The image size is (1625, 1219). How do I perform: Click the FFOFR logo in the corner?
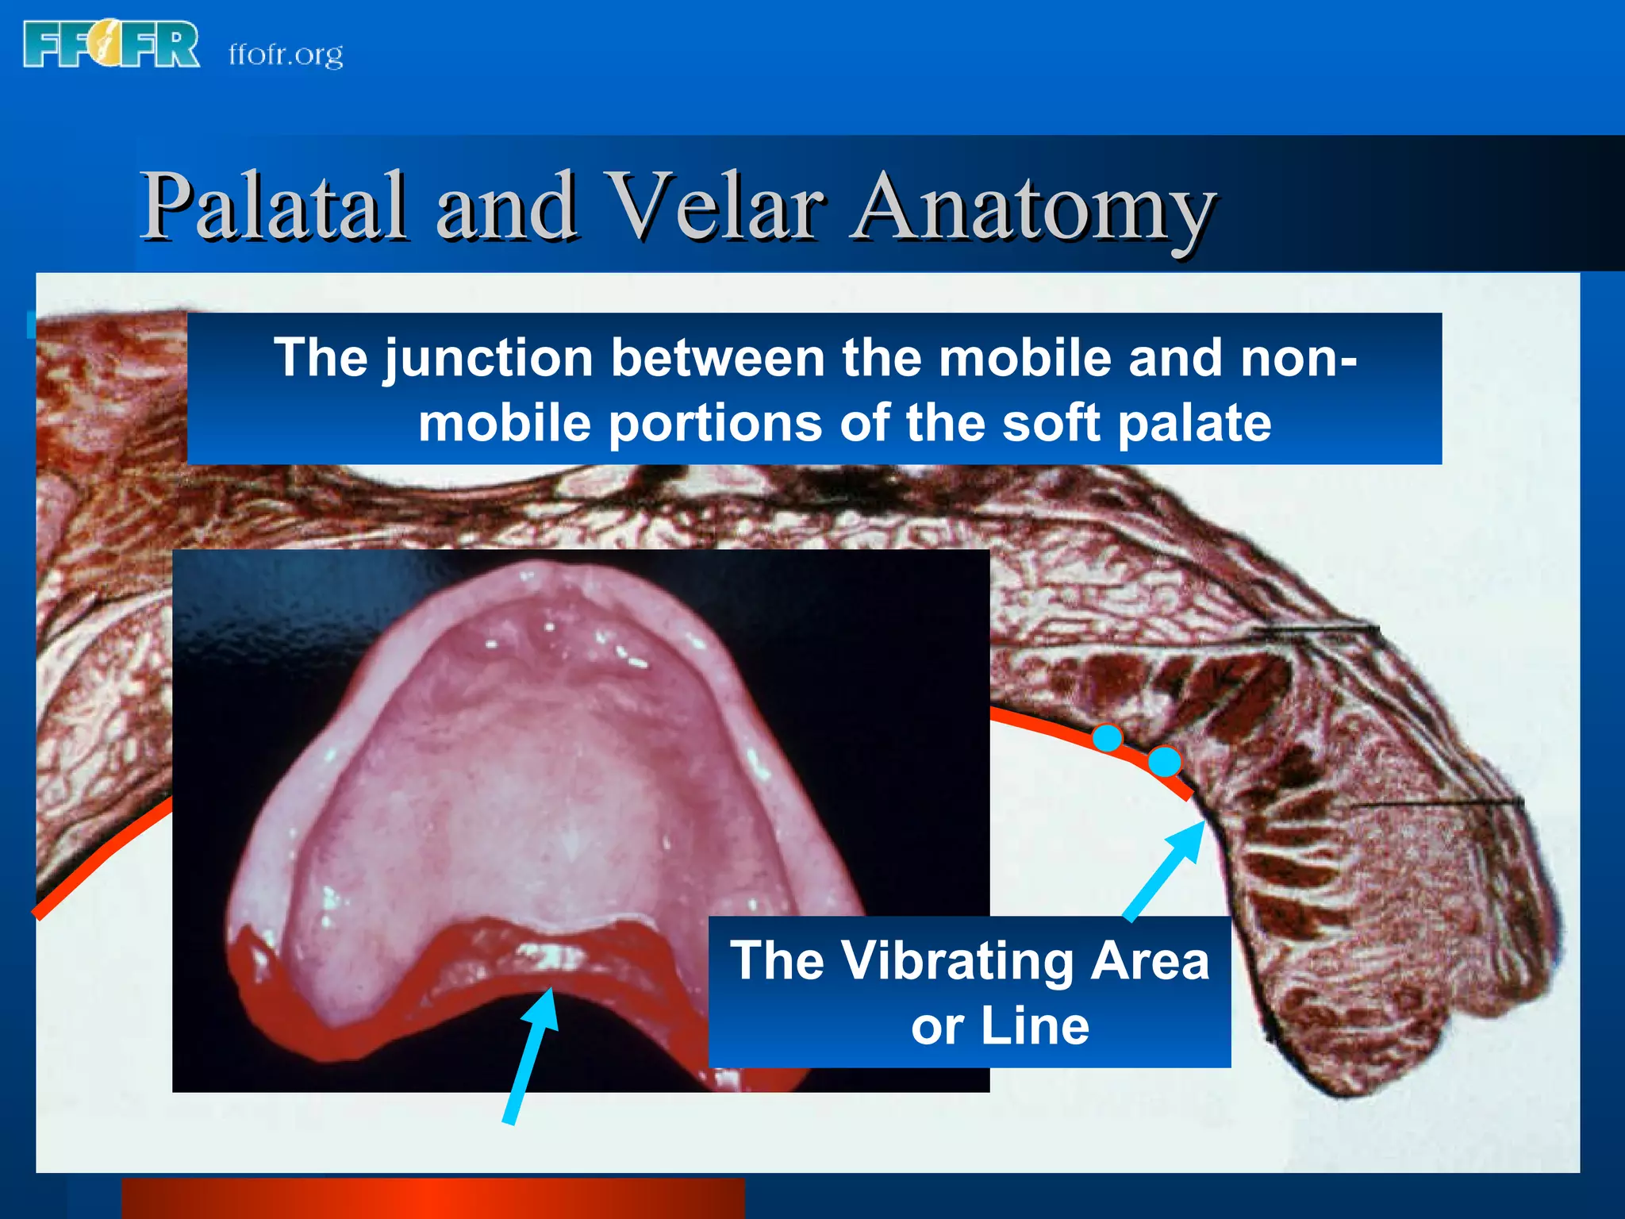111,45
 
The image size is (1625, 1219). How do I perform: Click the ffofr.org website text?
286,54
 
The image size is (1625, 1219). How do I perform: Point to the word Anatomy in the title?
1031,208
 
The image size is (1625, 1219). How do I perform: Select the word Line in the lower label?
1035,1026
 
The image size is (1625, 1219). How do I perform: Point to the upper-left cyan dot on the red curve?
1107,738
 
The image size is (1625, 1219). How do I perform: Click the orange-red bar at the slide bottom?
432,1198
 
